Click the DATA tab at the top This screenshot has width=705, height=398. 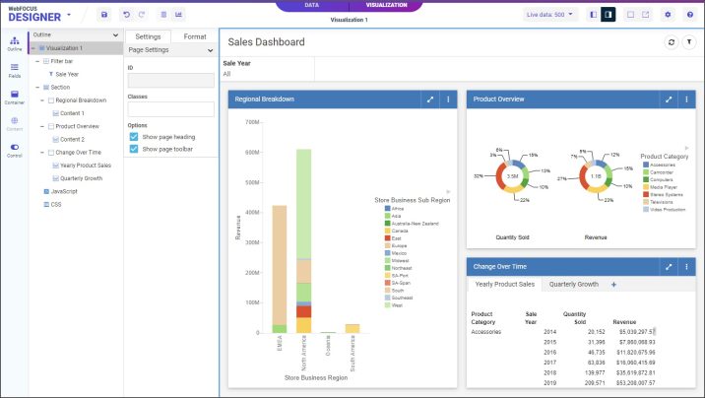tap(311, 5)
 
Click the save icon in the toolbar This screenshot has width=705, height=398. tap(105, 15)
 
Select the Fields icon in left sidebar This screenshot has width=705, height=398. tap(15, 70)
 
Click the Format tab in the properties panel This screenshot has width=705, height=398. tap(195, 36)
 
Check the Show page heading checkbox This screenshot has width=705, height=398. tap(134, 137)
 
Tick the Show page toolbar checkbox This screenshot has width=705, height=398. tap(134, 149)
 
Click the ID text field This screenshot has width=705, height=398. tap(170, 81)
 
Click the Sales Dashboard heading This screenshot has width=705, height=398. tap(266, 42)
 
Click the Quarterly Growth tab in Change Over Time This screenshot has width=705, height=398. tap(573, 284)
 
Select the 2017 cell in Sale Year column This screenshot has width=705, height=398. tap(549, 362)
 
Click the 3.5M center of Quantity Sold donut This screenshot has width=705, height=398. tap(512, 176)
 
